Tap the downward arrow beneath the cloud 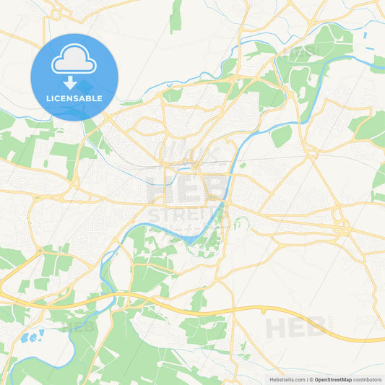coord(74,82)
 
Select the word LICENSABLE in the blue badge coord(74,98)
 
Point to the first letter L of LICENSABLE coord(48,98)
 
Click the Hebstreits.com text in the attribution coord(287,379)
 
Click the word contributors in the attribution coord(368,379)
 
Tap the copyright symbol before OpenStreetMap coord(311,379)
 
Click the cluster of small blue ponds coord(33,336)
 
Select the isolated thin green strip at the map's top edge coord(176,17)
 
